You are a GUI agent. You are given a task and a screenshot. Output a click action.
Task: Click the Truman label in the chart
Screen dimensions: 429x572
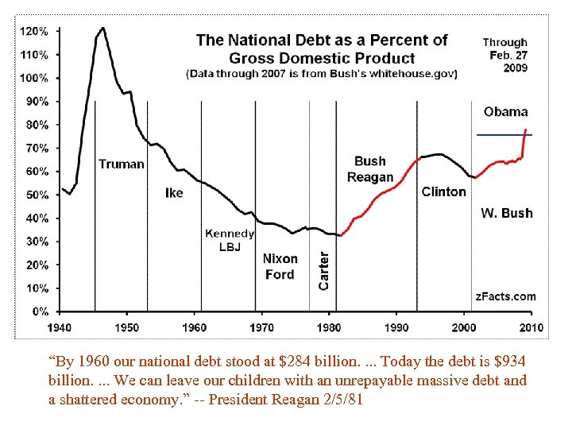point(122,164)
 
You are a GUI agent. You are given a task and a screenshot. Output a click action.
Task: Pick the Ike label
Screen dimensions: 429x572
point(174,193)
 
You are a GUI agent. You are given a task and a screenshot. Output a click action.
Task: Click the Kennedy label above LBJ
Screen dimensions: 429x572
point(230,234)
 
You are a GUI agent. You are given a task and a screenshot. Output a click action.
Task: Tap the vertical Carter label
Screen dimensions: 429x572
point(323,271)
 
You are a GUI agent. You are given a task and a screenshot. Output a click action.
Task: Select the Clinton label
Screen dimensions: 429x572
point(443,191)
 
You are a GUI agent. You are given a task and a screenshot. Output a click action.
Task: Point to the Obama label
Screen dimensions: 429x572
point(505,112)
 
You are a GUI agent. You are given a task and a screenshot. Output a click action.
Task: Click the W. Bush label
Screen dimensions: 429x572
point(507,213)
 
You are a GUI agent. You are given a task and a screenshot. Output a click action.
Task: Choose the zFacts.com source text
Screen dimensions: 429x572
point(505,296)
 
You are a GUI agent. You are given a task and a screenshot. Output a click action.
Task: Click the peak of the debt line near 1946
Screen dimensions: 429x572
point(102,29)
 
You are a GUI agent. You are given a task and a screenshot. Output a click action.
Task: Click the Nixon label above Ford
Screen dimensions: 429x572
point(280,258)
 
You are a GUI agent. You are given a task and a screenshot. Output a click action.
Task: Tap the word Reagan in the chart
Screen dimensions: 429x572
point(370,177)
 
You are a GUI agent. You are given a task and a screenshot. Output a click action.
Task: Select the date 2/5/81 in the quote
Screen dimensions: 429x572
point(340,399)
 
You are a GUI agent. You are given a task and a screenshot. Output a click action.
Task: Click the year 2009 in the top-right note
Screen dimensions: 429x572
point(514,68)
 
